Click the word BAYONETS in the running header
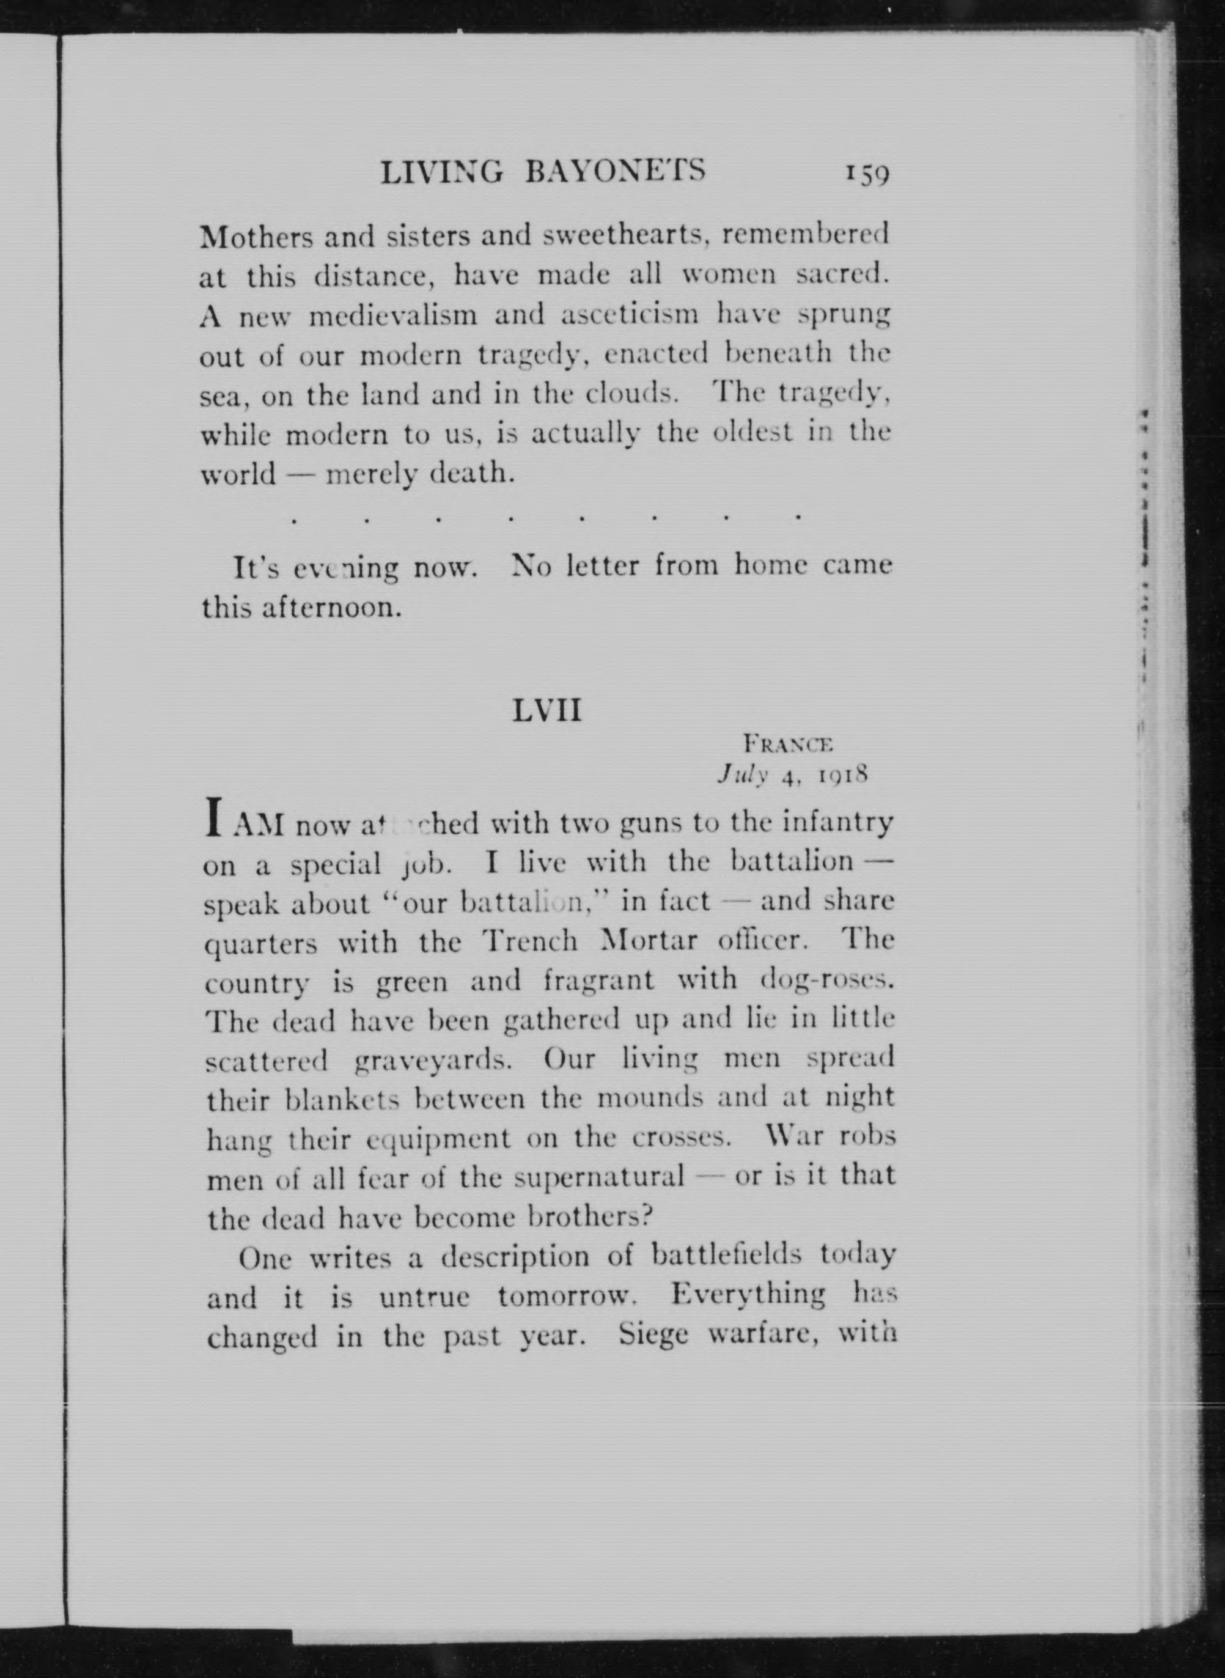(x=615, y=173)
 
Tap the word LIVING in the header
(x=442, y=173)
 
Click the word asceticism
(x=627, y=316)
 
